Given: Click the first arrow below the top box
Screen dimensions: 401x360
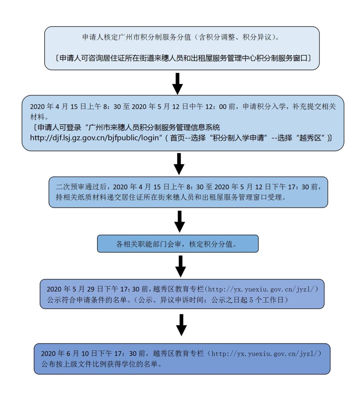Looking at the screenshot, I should [x=179, y=84].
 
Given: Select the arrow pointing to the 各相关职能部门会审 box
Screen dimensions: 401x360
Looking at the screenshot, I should [x=179, y=221].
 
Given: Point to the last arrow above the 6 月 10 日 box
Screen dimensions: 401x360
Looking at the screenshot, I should [x=180, y=324].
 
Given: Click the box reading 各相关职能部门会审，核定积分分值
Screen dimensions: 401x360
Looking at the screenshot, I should [x=178, y=244].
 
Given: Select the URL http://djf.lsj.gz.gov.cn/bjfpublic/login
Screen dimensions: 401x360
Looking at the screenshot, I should [x=94, y=138].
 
